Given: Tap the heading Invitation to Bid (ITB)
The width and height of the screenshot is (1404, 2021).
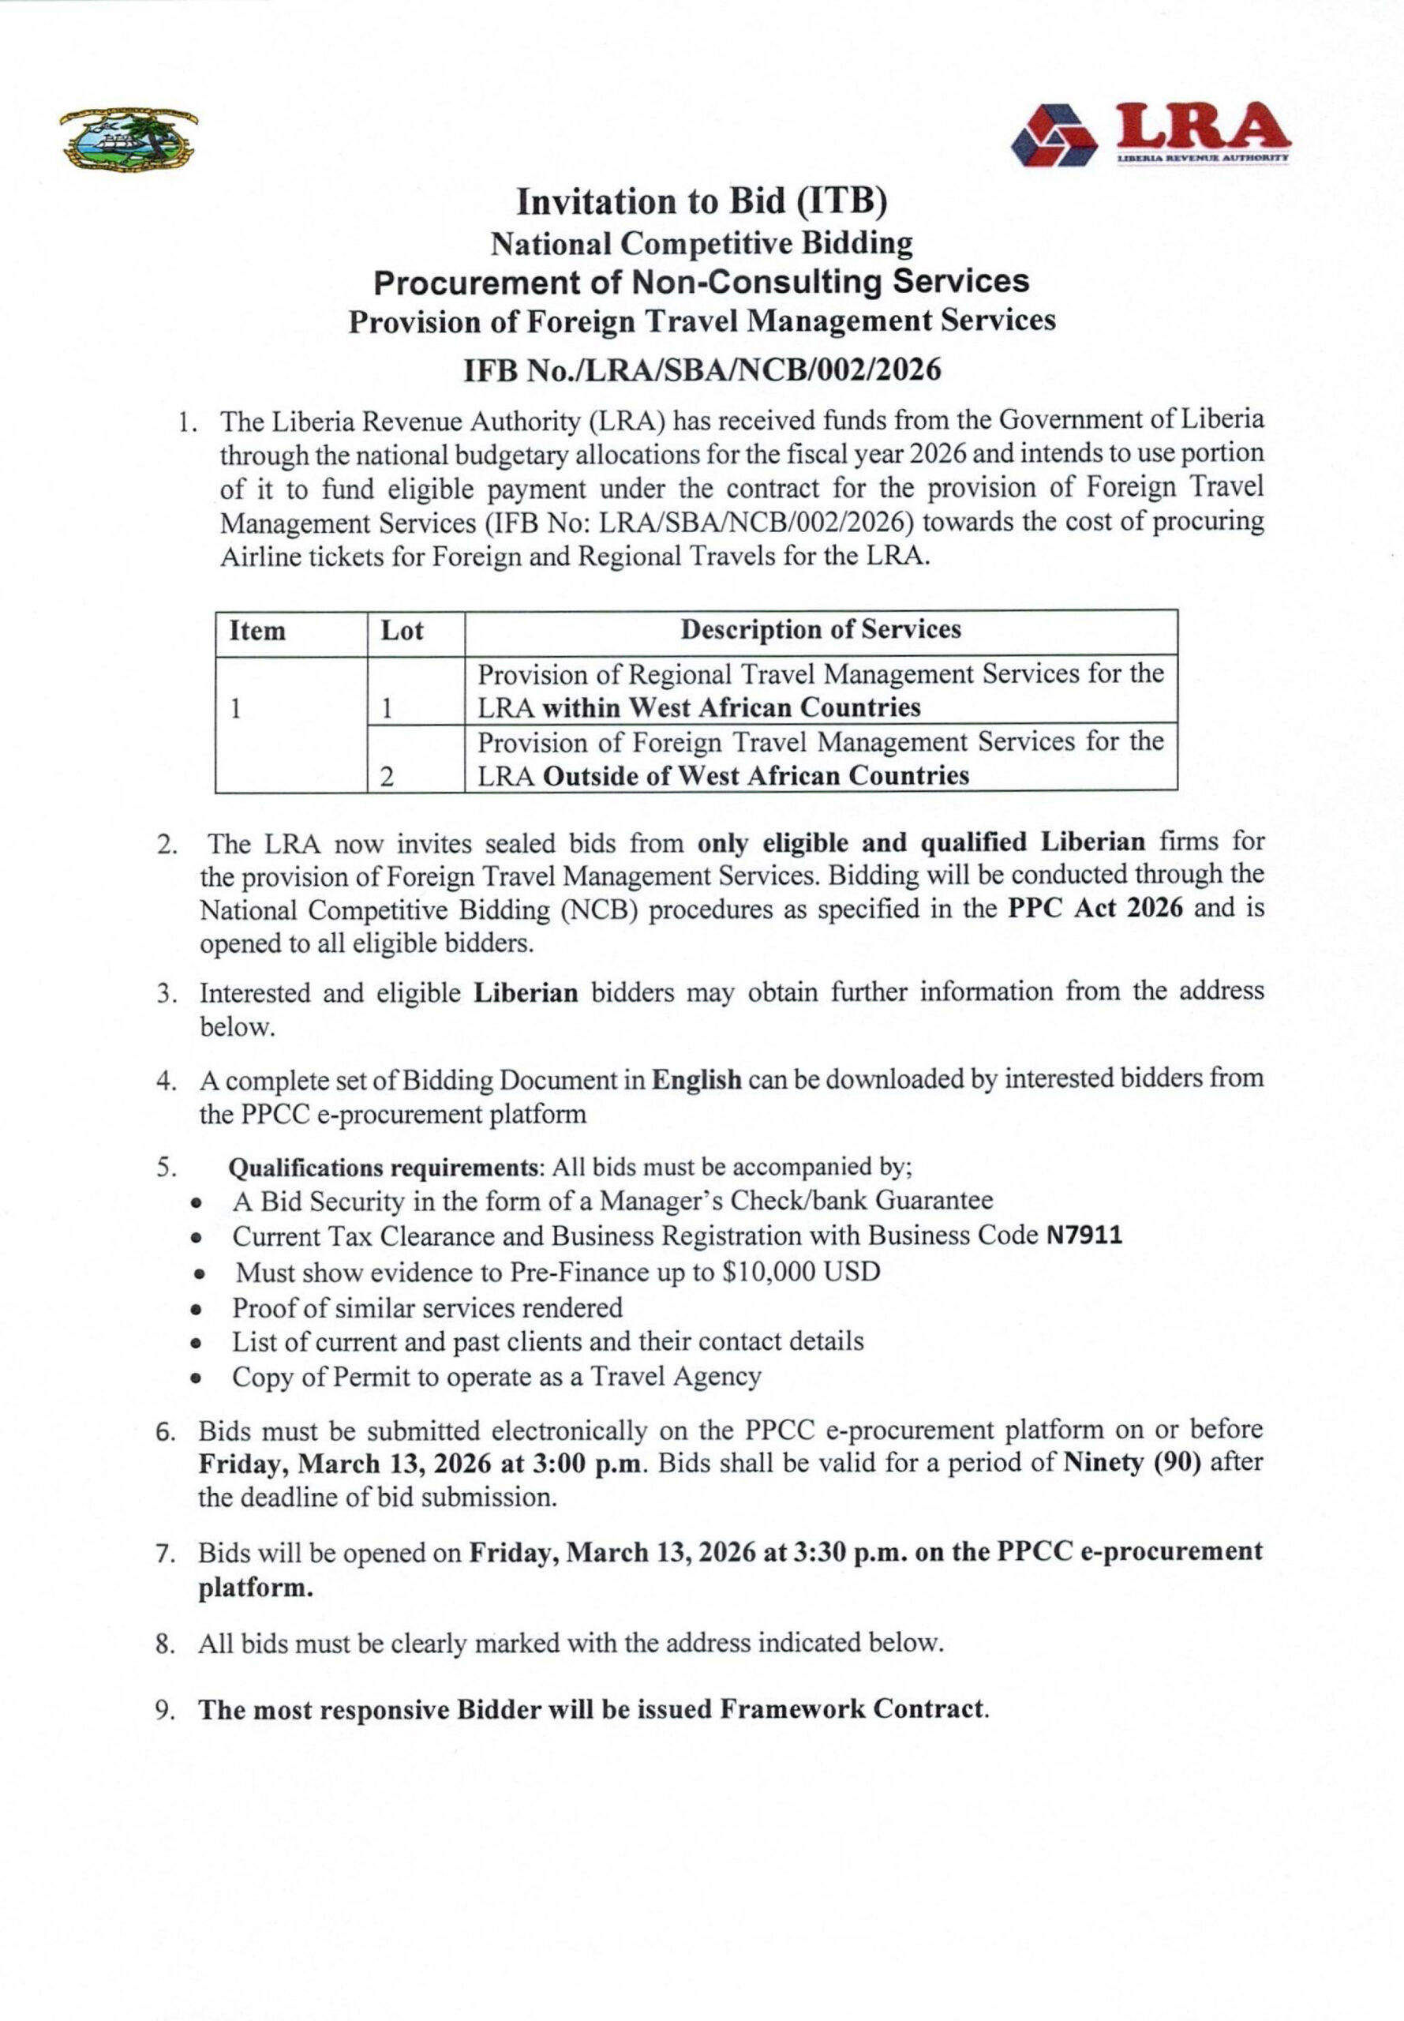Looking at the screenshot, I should click(701, 201).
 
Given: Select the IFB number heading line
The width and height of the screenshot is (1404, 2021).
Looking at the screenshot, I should click(701, 370).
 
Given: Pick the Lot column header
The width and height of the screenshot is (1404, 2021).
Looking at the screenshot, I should click(401, 631).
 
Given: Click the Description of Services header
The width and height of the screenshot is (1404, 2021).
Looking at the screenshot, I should click(820, 630).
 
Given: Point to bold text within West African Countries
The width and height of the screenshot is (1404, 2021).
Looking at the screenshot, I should click(732, 707).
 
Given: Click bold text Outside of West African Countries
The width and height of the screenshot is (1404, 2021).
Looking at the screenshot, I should click(757, 776).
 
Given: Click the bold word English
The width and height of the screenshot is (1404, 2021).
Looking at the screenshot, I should click(696, 1078).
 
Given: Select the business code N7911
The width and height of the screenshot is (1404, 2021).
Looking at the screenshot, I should click(1084, 1235).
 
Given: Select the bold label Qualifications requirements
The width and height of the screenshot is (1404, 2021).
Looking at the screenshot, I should click(383, 1168).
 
